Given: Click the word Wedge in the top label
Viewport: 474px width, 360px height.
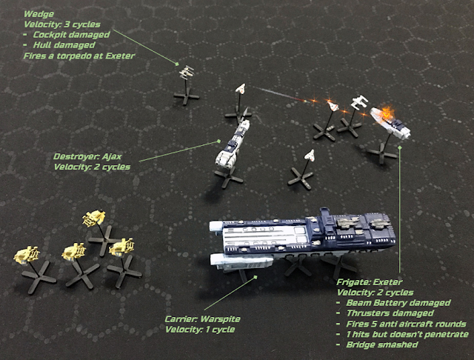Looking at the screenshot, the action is click(x=39, y=14).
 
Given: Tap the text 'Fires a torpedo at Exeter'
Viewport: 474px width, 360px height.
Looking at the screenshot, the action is click(x=79, y=56).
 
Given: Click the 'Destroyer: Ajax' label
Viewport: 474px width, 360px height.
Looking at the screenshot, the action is click(x=87, y=156).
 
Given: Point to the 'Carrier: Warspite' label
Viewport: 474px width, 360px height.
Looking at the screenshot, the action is click(x=202, y=319).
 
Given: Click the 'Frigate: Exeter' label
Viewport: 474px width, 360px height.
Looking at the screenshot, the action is click(x=370, y=282).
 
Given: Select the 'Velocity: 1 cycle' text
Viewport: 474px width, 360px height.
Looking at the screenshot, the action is click(x=200, y=330).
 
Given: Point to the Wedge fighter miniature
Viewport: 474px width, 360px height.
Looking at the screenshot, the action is click(x=187, y=72).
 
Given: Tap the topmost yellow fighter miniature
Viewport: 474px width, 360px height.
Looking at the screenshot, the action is click(x=94, y=218).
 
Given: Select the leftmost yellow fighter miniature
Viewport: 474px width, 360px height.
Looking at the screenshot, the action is click(x=27, y=254).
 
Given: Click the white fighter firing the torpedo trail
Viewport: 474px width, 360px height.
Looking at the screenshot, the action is click(x=241, y=89).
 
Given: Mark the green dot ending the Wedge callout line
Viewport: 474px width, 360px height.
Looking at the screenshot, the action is click(x=177, y=64).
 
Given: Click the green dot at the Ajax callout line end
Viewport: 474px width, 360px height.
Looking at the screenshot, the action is click(x=220, y=141).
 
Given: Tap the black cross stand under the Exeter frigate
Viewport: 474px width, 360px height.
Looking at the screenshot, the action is click(x=382, y=153).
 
